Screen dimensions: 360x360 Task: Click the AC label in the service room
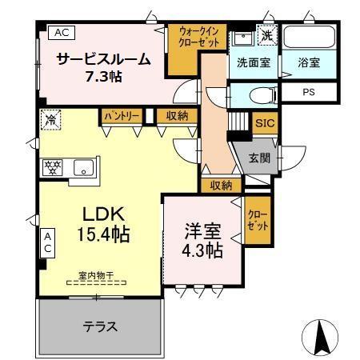coord(61,33)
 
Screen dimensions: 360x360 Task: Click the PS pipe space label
coord(308,92)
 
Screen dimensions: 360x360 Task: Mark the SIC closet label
coord(264,123)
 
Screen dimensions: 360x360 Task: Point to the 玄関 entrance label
coord(258,158)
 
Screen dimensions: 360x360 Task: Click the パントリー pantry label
coord(122,116)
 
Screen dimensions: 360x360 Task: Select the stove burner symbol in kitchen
coord(52,168)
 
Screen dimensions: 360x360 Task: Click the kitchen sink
coord(82,168)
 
